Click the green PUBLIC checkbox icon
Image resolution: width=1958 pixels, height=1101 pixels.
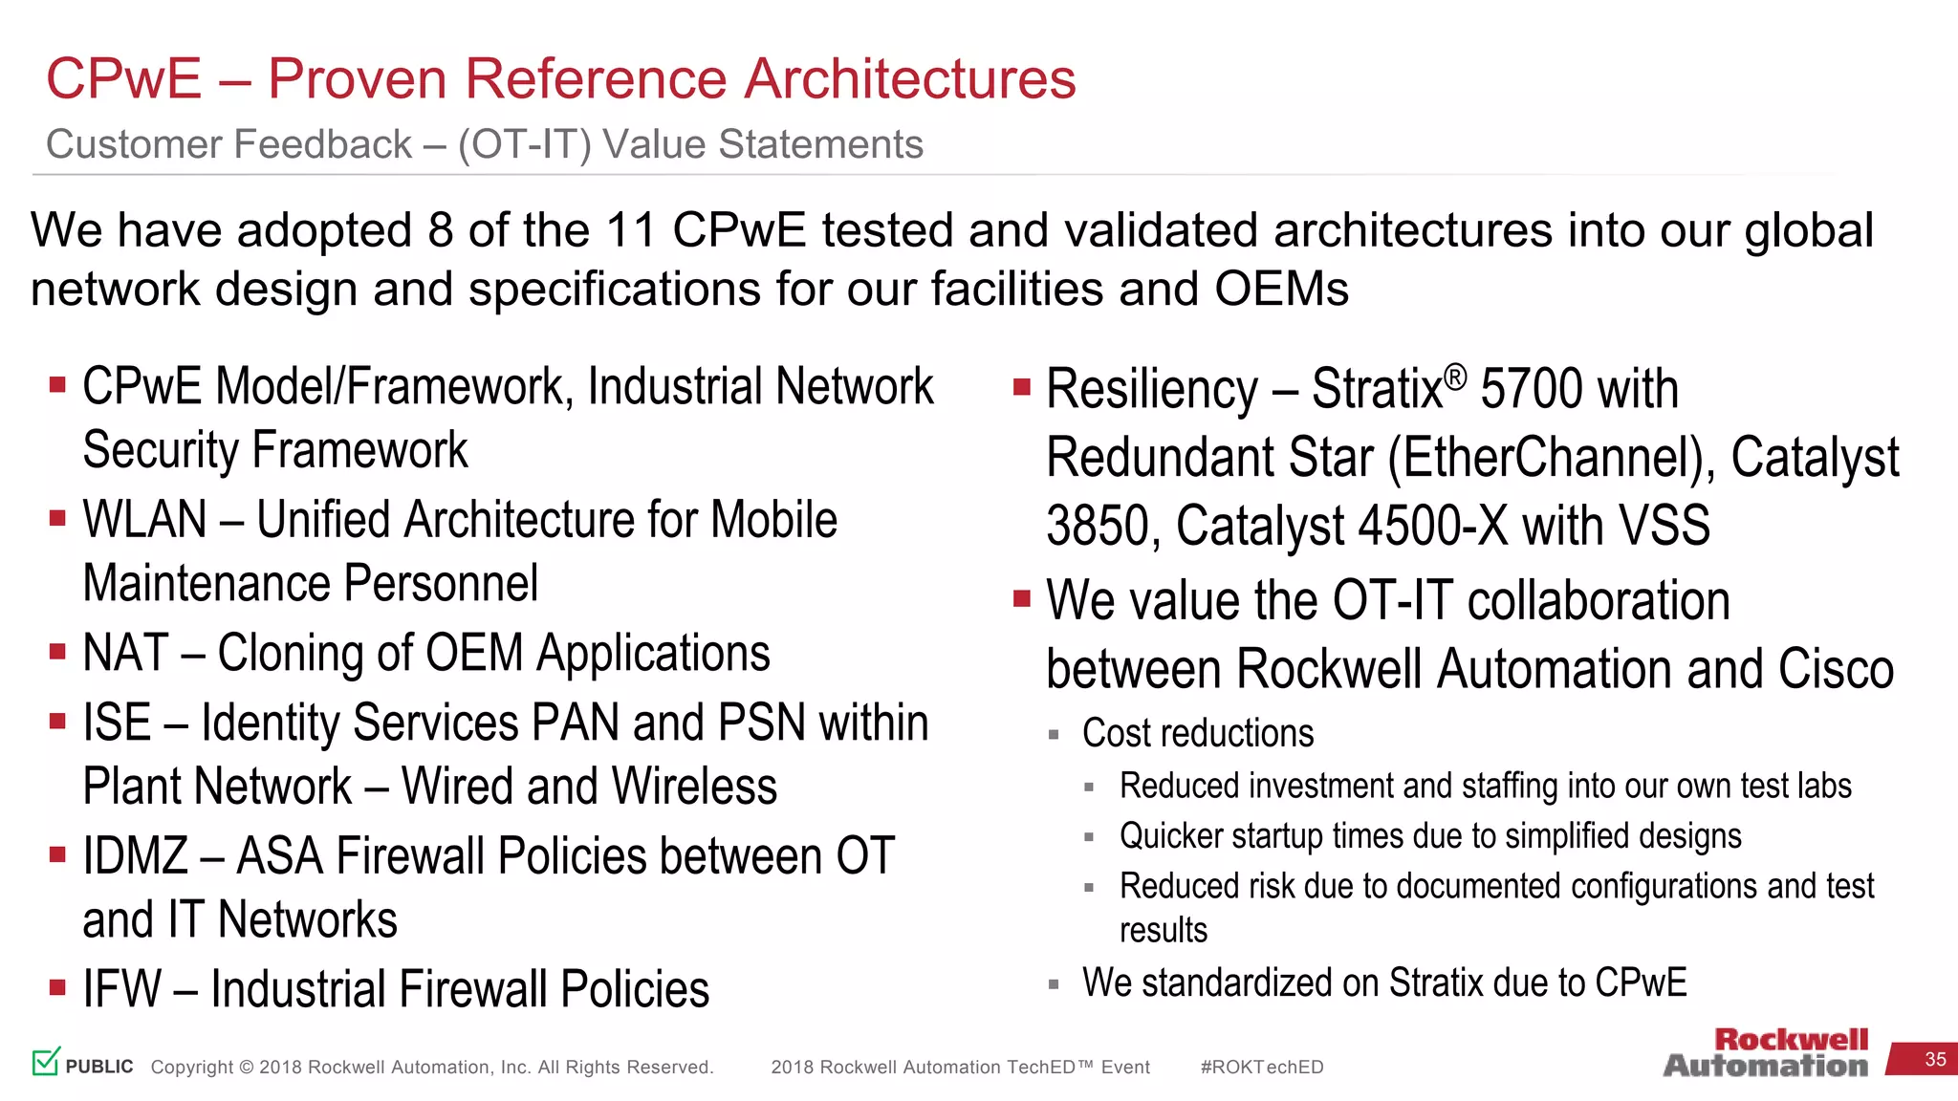(x=46, y=1061)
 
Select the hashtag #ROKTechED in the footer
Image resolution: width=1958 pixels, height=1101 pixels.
(x=1261, y=1067)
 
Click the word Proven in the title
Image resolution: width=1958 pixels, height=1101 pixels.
(x=357, y=78)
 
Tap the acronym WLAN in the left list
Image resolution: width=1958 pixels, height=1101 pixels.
(x=144, y=520)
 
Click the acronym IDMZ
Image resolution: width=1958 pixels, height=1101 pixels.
(x=135, y=855)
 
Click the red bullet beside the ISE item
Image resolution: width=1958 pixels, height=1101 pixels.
(x=58, y=722)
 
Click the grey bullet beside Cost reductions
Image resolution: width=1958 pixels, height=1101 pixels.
(x=1054, y=735)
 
